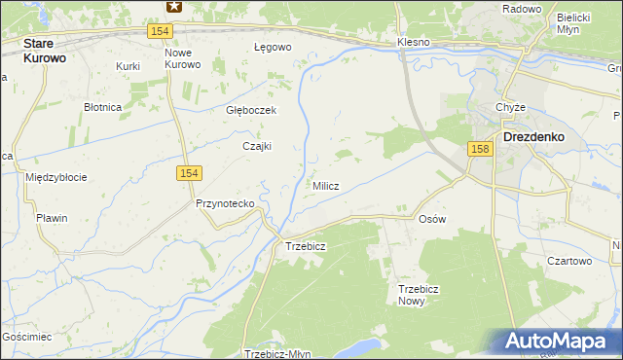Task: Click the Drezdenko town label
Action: click(x=535, y=137)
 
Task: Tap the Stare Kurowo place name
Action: click(x=52, y=51)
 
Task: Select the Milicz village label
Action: click(x=325, y=186)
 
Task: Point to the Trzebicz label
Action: click(x=305, y=246)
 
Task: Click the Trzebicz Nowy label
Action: click(x=421, y=295)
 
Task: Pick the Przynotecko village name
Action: click(x=225, y=203)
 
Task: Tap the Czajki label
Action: click(x=257, y=146)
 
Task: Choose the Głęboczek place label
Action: click(x=251, y=110)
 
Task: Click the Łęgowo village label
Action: click(x=273, y=47)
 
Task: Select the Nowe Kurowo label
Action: click(x=182, y=57)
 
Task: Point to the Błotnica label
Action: click(x=101, y=107)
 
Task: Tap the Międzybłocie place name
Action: click(x=56, y=177)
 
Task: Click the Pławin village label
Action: click(x=52, y=218)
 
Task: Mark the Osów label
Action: click(x=431, y=219)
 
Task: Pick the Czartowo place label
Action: click(x=568, y=261)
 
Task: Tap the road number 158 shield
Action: click(x=478, y=149)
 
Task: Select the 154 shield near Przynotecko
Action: click(x=189, y=172)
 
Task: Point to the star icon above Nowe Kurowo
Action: click(x=173, y=6)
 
